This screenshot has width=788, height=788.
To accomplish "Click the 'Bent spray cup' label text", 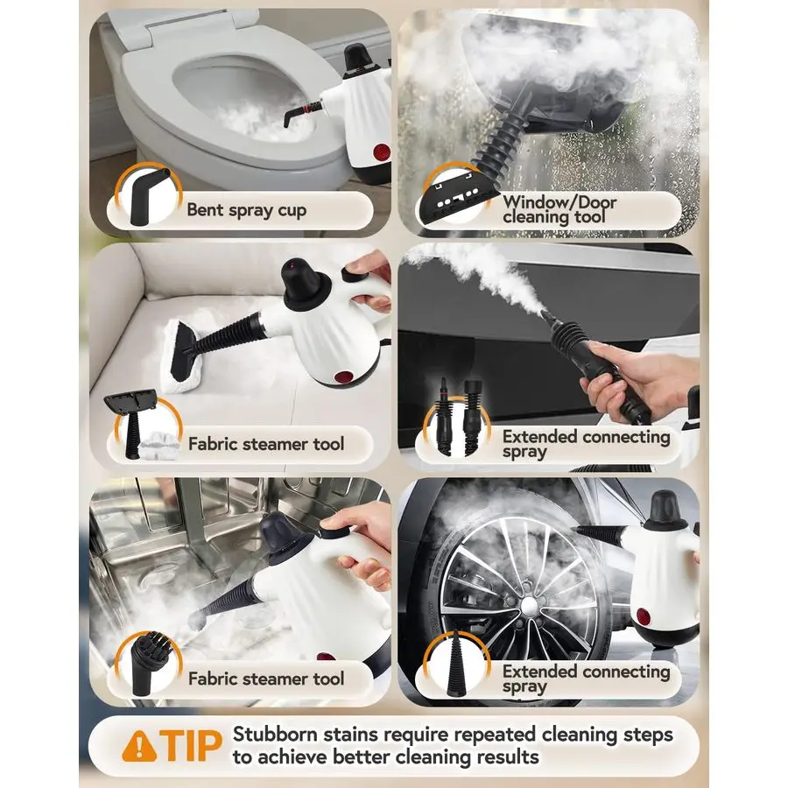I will coord(246,210).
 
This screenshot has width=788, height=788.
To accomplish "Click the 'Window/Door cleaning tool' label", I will coord(559,209).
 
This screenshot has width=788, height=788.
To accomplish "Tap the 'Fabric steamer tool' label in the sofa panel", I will coord(266,444).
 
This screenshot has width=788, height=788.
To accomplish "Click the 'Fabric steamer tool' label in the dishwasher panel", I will coord(266,679).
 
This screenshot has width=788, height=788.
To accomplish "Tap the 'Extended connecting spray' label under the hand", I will coord(585,444).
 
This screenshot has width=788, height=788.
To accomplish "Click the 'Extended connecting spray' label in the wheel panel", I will coord(585,679).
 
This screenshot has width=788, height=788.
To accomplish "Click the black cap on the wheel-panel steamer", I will coord(659,509).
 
